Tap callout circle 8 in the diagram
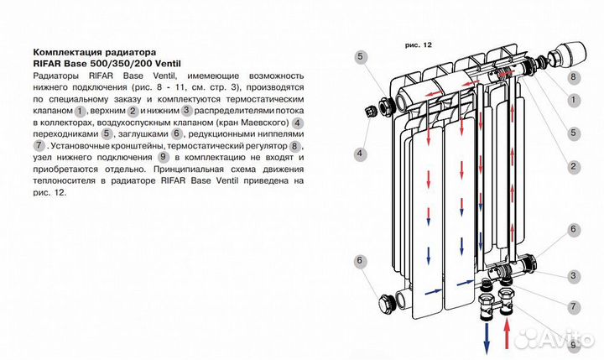point(574,77)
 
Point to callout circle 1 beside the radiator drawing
point(574,99)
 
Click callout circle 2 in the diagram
point(574,166)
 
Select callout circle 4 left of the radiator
point(360,154)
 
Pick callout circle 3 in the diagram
point(574,275)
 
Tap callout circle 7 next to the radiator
point(574,307)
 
